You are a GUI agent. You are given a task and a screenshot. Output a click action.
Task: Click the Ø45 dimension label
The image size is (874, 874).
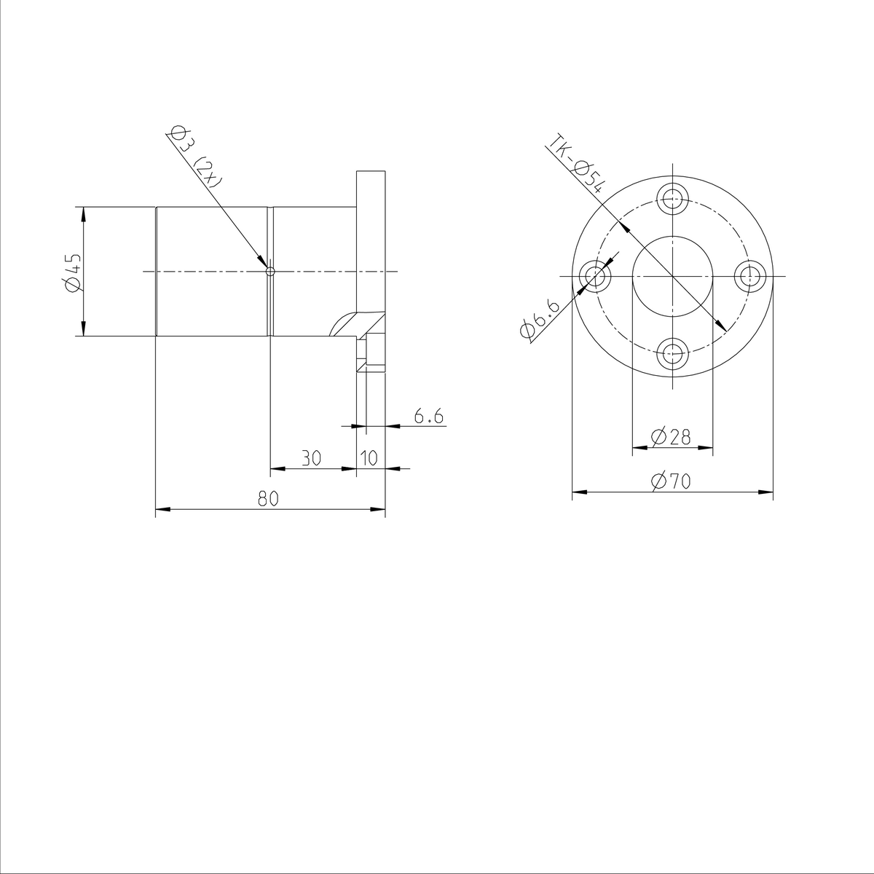click(71, 272)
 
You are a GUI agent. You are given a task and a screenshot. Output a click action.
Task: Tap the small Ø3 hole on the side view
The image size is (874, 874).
click(270, 272)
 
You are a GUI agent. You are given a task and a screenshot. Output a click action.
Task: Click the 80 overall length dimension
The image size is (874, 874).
click(269, 499)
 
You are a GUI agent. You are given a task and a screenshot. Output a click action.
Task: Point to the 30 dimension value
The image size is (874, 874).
click(311, 458)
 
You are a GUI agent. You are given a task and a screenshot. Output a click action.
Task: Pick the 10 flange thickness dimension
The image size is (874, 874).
click(369, 458)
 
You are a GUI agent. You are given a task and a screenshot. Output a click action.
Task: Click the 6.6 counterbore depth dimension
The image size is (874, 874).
click(428, 417)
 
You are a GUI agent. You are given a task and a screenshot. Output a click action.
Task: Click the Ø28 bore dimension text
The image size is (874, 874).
click(671, 437)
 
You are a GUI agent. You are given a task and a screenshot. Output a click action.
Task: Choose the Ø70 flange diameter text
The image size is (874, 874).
click(671, 481)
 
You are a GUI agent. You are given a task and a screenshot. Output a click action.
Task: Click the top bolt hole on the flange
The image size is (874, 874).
click(673, 197)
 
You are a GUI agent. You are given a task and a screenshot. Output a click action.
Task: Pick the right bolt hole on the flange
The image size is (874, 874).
click(750, 277)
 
